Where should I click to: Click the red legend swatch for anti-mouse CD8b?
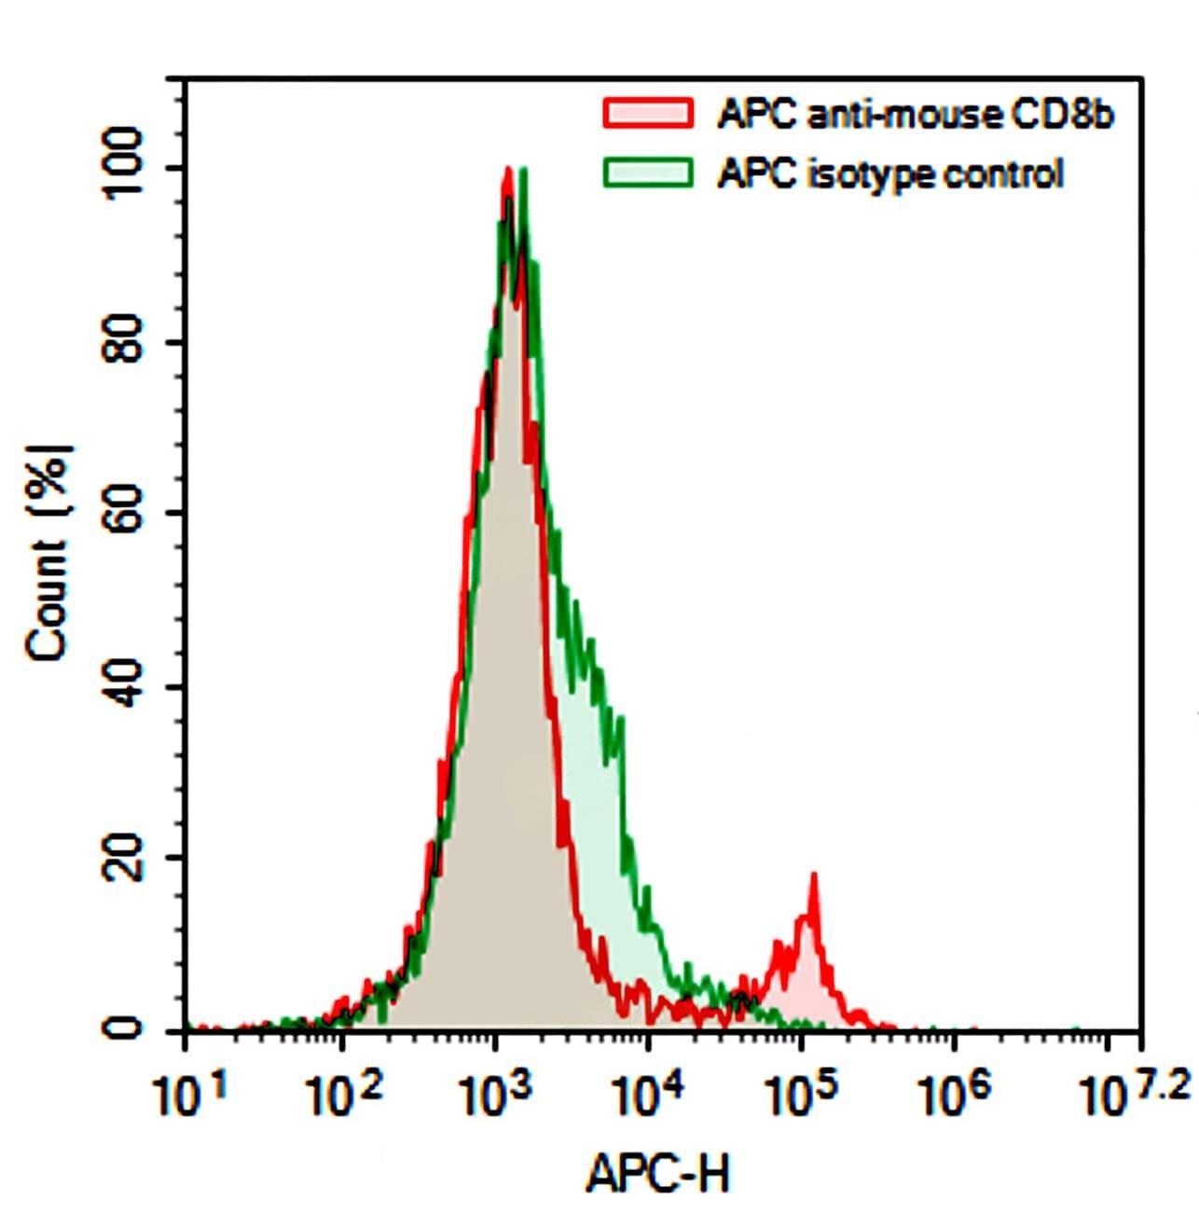click(648, 113)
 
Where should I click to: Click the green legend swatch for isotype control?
click(648, 173)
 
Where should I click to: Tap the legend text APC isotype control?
click(889, 174)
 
